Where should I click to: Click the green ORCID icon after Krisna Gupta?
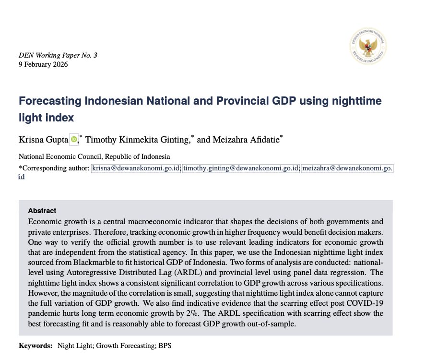(x=74, y=140)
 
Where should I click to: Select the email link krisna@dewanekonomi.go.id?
(x=136, y=168)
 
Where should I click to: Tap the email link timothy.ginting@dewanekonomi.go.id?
(x=241, y=168)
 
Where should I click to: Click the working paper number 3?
(x=95, y=56)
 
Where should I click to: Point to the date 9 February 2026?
(x=43, y=64)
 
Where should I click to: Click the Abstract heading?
(x=42, y=211)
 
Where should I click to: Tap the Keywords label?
(x=35, y=346)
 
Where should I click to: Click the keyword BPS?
(x=165, y=346)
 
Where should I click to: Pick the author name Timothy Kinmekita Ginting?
(x=137, y=140)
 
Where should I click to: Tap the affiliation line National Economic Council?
(x=94, y=156)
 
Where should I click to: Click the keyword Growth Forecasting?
(x=122, y=346)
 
